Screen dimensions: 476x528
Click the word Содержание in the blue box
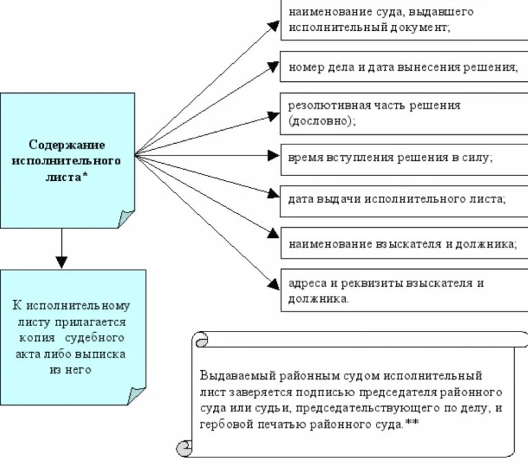tap(67, 144)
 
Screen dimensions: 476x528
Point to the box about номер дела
tap(402, 67)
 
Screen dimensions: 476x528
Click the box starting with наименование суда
tap(402, 20)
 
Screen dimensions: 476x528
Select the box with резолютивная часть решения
tap(402, 113)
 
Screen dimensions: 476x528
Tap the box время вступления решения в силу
tap(402, 158)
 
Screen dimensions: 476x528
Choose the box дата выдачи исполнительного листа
tap(402, 200)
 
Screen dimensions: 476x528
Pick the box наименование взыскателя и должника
tap(402, 244)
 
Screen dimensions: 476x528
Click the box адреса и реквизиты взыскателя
tap(402, 290)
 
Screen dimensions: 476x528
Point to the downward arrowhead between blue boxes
tap(62, 261)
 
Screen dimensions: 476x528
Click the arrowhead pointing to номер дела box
tap(274, 67)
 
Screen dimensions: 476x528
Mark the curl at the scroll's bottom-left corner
tap(184, 448)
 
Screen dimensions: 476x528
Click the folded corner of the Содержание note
tap(126, 219)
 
